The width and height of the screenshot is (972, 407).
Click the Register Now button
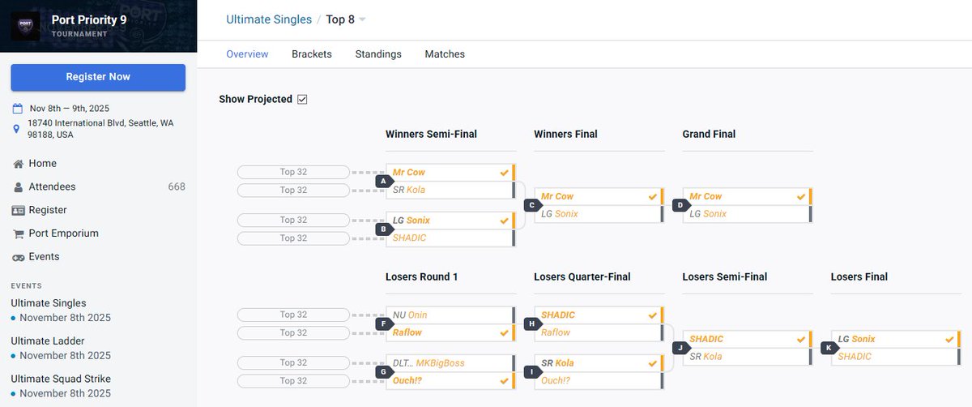click(x=98, y=77)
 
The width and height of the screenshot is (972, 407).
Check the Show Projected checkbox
click(x=302, y=100)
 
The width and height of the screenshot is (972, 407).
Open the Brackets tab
click(x=312, y=54)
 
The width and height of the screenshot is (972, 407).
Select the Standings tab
click(x=378, y=54)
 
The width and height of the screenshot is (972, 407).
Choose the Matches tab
click(x=445, y=54)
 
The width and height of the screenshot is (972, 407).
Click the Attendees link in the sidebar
click(x=52, y=186)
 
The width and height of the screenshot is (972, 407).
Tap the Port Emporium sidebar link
click(x=63, y=233)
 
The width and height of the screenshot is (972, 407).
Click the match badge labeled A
click(x=384, y=181)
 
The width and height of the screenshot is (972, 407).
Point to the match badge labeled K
click(x=829, y=348)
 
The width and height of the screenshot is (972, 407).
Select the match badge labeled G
click(x=384, y=372)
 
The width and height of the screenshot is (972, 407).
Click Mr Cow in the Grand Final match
click(x=706, y=196)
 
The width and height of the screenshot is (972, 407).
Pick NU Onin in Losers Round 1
click(x=410, y=315)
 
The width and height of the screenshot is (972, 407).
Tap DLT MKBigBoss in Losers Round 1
click(x=428, y=363)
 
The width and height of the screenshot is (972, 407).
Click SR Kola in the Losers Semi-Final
click(x=706, y=357)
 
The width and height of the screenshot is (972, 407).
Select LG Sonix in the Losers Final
click(x=856, y=339)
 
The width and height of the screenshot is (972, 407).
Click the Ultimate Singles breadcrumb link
click(x=269, y=19)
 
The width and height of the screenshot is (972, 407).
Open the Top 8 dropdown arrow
click(x=362, y=19)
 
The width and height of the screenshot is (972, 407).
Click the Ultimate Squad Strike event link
click(x=61, y=379)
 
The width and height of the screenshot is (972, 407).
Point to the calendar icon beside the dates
click(x=17, y=108)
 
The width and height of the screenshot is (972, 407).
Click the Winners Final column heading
click(x=565, y=135)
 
